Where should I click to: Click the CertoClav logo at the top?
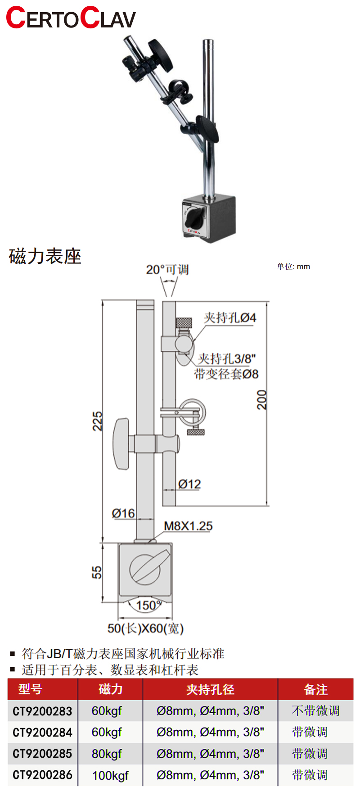pyautogui.click(x=71, y=18)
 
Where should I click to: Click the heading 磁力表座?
pyautogui.click(x=45, y=257)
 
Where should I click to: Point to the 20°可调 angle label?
pyautogui.click(x=167, y=270)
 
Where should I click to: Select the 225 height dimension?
pyautogui.click(x=97, y=421)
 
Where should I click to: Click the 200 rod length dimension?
pyautogui.click(x=262, y=399)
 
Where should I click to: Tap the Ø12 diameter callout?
pyautogui.click(x=189, y=484)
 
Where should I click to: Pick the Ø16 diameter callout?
pyautogui.click(x=123, y=513)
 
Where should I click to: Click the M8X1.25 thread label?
pyautogui.click(x=188, y=526)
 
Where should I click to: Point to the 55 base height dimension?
pyautogui.click(x=97, y=572)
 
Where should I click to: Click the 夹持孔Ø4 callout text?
pyautogui.click(x=230, y=318)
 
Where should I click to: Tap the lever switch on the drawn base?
pyautogui.click(x=145, y=569)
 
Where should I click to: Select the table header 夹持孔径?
pyautogui.click(x=210, y=689)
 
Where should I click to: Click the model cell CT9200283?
pyautogui.click(x=42, y=711)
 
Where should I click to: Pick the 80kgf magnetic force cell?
pyautogui.click(x=107, y=754)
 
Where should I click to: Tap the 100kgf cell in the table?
pyautogui.click(x=110, y=775)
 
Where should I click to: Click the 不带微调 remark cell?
pyautogui.click(x=315, y=711)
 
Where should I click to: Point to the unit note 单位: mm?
pyautogui.click(x=293, y=267)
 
